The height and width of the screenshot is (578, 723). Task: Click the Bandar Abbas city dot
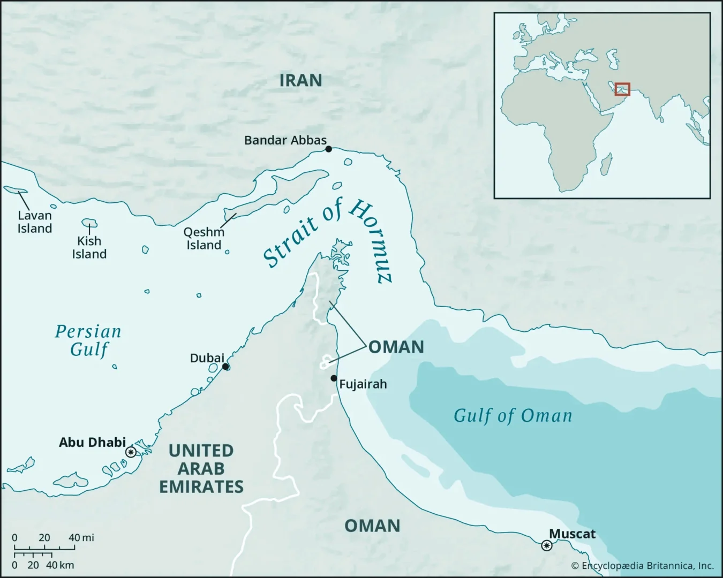pyautogui.click(x=328, y=149)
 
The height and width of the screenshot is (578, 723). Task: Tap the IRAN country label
pyautogui.click(x=300, y=80)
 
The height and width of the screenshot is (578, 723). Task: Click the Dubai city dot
pyautogui.click(x=225, y=367)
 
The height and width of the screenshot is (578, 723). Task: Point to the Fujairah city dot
pyautogui.click(x=334, y=378)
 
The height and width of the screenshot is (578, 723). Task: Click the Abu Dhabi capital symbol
pyautogui.click(x=130, y=452)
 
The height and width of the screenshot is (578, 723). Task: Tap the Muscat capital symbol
pyautogui.click(x=546, y=545)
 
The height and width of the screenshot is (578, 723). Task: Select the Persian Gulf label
pyautogui.click(x=88, y=340)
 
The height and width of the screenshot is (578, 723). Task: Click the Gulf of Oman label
pyautogui.click(x=513, y=415)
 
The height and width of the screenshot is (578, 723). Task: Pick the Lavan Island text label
pyautogui.click(x=35, y=222)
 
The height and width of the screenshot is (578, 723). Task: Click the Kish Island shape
pyautogui.click(x=89, y=223)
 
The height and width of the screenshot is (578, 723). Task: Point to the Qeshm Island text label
pyautogui.click(x=204, y=239)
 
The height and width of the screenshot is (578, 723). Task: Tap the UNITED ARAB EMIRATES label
pyautogui.click(x=201, y=468)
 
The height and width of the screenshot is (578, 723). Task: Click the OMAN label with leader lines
pyautogui.click(x=396, y=347)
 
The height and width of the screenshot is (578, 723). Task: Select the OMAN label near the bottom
pyautogui.click(x=372, y=526)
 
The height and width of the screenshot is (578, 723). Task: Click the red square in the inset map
pyautogui.click(x=622, y=89)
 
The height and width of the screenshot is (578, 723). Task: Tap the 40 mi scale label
pyautogui.click(x=81, y=537)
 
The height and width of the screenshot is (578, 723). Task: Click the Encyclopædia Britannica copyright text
pyautogui.click(x=642, y=566)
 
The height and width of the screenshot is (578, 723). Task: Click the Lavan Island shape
pyautogui.click(x=15, y=189)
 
